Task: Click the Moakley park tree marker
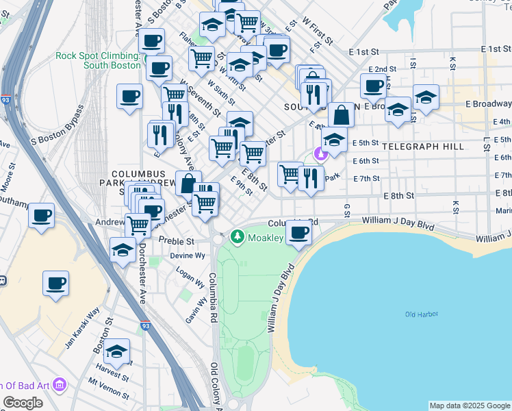click(x=238, y=237)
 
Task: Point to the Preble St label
click(x=177, y=241)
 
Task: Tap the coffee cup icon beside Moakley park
click(x=298, y=233)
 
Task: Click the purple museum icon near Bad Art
click(x=59, y=386)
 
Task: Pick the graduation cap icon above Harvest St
click(x=117, y=351)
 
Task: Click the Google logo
click(x=23, y=403)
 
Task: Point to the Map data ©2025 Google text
click(x=469, y=406)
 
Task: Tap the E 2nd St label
click(x=382, y=70)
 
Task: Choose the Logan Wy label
click(x=190, y=278)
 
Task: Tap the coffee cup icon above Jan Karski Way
click(x=55, y=282)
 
